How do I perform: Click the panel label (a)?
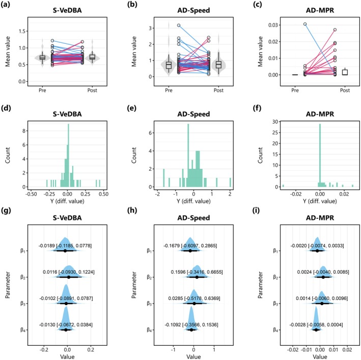[6, 5]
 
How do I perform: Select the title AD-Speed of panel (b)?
[193, 10]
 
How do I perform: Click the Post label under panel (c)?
[345, 91]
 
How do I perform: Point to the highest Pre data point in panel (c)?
[305, 24]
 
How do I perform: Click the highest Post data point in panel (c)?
[335, 29]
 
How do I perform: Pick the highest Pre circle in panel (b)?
[179, 25]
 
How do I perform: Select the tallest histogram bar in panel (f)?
[320, 156]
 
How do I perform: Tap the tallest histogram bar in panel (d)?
[68, 156]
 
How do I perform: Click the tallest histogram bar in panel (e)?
[188, 156]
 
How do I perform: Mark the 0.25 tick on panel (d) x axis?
[86, 194]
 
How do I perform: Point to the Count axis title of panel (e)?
[134, 156]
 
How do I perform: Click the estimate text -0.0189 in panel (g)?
[47, 246]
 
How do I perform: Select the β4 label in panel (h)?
[150, 330]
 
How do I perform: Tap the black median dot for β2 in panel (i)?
[323, 277]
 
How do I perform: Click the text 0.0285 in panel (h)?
[176, 298]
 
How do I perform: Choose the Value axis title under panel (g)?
[67, 356]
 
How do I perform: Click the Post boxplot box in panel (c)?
[345, 72]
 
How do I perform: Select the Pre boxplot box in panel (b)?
[169, 65]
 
